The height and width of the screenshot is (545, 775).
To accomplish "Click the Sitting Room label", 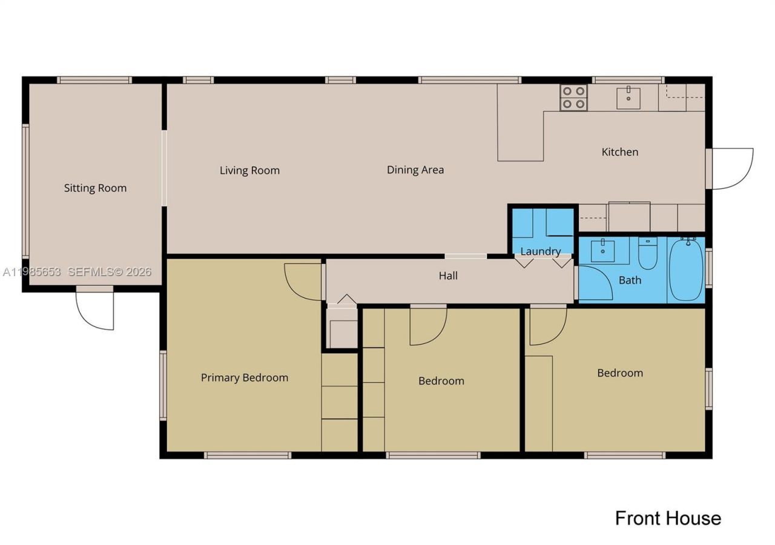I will [x=96, y=188].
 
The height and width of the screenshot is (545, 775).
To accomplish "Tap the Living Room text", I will [x=249, y=170].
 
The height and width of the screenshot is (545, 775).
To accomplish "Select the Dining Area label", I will [x=415, y=170].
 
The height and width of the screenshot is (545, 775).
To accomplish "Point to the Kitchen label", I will [x=619, y=151].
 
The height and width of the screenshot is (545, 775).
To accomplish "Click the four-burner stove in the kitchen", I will [x=573, y=97].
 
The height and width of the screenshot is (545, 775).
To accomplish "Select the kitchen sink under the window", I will [x=628, y=97].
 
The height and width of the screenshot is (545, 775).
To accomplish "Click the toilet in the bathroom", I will [x=647, y=254].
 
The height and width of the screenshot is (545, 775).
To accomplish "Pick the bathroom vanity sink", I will [x=602, y=251].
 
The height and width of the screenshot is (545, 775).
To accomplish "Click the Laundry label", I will [x=540, y=251].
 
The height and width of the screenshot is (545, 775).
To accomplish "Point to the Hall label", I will [x=448, y=276].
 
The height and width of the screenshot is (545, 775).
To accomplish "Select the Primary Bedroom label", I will [x=245, y=377].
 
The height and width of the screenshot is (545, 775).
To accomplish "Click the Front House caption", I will [x=668, y=518].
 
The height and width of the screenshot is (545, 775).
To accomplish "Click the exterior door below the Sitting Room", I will [x=96, y=310].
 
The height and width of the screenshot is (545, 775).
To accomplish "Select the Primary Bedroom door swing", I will [x=303, y=282].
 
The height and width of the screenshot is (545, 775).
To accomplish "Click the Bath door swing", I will [x=595, y=283].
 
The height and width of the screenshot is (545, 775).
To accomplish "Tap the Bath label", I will [x=630, y=280].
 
